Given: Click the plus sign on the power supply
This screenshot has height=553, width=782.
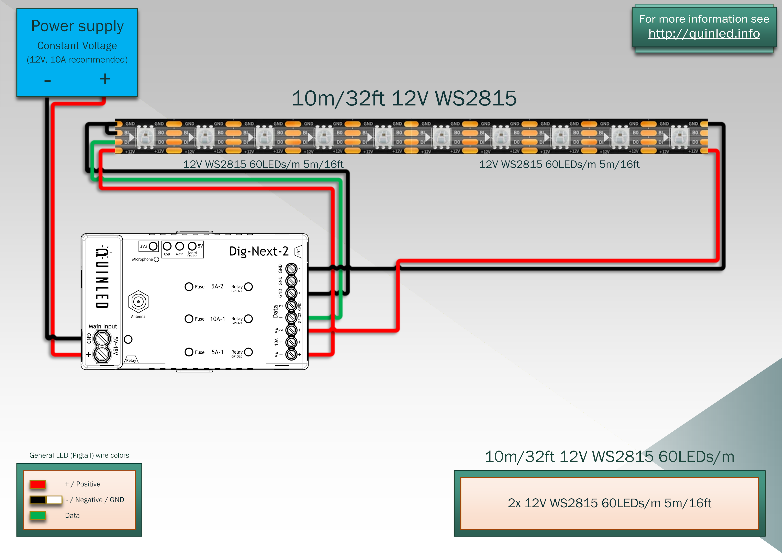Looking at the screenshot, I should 105,79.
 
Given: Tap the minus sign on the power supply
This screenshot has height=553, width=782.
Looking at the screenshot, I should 47,81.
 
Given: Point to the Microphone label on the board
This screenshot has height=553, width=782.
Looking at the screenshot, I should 142,259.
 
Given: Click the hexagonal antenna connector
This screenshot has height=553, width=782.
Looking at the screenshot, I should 138,301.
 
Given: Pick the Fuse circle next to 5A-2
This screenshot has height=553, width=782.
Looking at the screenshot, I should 189,287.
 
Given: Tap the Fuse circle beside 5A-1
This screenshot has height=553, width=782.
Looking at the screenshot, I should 189,352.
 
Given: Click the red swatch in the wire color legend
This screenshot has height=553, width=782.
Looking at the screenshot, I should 38,484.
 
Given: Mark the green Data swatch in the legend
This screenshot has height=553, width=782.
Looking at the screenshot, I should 38,515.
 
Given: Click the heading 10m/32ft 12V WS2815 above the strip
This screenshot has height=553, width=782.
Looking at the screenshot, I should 404,98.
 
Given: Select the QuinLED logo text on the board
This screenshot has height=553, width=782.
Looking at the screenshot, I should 102,278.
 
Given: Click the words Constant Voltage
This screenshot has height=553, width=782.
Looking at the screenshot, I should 77,46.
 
